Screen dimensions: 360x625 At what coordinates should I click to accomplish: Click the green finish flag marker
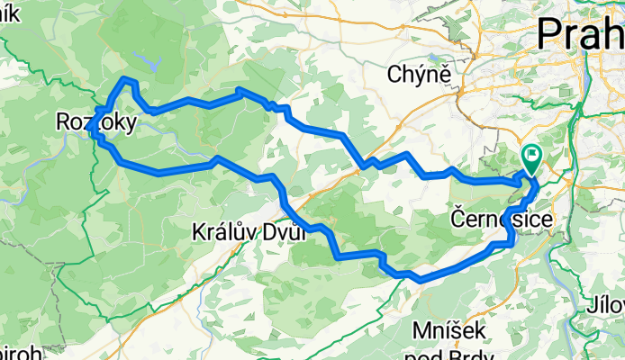click(531, 158)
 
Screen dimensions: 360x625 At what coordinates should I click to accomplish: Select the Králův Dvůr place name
click(249, 232)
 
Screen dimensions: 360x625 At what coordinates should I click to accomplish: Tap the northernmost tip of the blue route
click(127, 80)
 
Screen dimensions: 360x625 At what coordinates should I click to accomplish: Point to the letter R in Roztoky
click(63, 121)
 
